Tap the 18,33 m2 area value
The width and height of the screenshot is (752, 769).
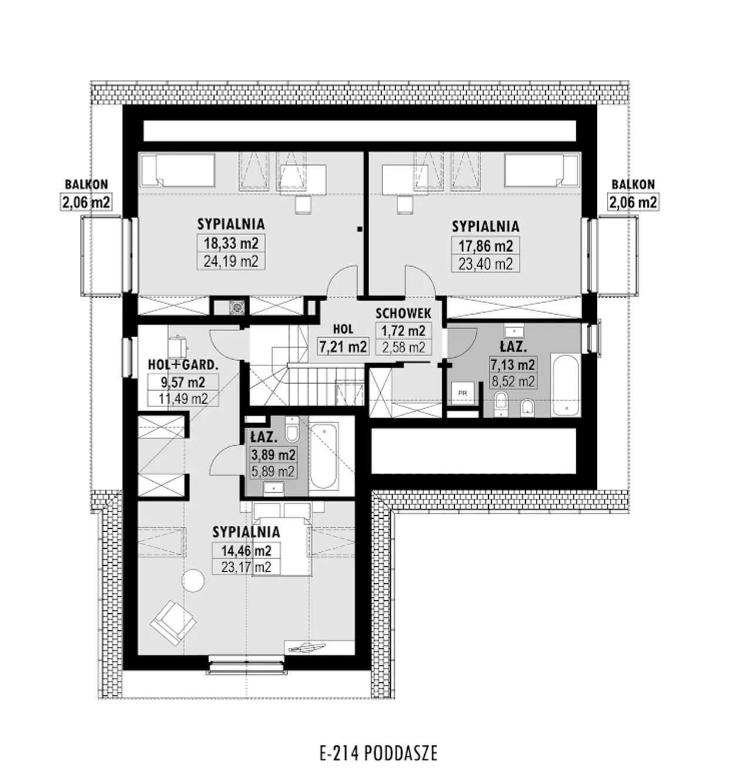click(231, 243)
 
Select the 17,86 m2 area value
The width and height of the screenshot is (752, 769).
click(486, 246)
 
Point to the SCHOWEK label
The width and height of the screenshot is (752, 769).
click(403, 313)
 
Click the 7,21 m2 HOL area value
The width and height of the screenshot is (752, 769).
click(343, 347)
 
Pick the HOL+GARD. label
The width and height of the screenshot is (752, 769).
click(183, 365)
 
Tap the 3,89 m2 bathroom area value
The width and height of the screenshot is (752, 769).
click(273, 455)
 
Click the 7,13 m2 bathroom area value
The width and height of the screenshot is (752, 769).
click(513, 364)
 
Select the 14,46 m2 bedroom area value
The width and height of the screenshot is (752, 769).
click(246, 550)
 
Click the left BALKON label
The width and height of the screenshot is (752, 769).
click(86, 184)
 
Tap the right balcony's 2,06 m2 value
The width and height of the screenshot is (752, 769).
click(633, 202)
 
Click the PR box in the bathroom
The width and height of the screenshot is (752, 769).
click(463, 393)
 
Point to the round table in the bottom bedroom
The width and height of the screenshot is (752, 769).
click(193, 580)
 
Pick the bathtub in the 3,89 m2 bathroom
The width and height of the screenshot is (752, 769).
click(324, 456)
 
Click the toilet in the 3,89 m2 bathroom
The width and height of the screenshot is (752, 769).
click(292, 428)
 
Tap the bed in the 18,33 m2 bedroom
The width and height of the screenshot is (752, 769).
click(178, 170)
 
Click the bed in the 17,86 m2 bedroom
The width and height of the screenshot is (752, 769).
click(541, 170)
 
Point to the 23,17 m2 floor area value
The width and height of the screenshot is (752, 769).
click(246, 567)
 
